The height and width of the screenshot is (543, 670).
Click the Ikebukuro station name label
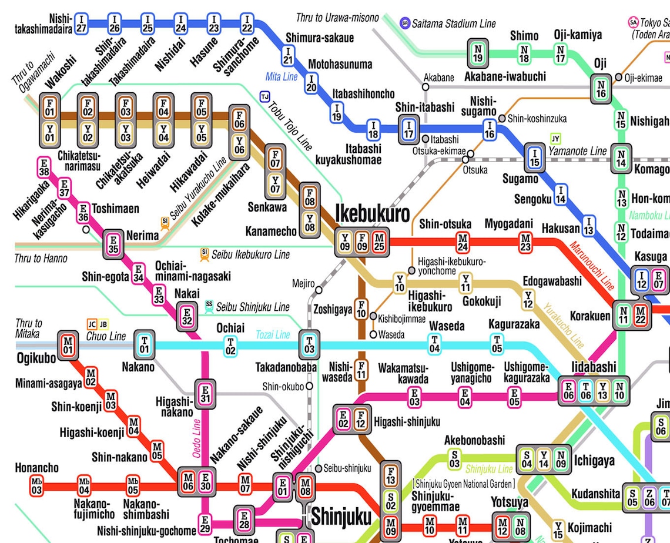click(x=372, y=214)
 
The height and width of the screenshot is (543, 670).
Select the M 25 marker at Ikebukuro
click(x=379, y=242)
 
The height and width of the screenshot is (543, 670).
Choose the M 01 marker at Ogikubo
click(x=68, y=344)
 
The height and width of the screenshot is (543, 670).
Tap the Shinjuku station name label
click(x=341, y=517)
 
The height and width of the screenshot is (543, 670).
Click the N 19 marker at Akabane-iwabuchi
click(x=478, y=53)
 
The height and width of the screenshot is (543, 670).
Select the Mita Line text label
click(x=282, y=77)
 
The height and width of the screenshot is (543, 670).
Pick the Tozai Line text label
click(x=273, y=334)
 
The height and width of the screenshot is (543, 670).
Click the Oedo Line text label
click(x=197, y=438)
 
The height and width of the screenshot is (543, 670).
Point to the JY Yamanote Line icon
click(x=555, y=139)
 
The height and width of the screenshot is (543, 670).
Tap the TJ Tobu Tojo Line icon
click(x=265, y=96)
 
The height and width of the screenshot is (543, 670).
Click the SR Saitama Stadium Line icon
click(x=404, y=24)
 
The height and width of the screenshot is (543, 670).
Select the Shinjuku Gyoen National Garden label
click(x=464, y=484)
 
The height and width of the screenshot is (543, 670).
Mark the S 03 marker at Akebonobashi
click(x=454, y=459)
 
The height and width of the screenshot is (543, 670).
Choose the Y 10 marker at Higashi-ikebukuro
click(x=400, y=283)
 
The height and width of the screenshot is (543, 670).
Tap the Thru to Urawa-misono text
click(x=337, y=18)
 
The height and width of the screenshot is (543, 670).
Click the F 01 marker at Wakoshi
click(x=50, y=108)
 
